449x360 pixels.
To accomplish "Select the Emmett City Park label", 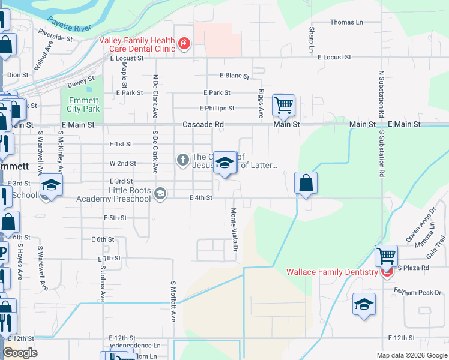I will [x=83, y=104].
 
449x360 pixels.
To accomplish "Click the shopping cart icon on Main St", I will [x=283, y=106].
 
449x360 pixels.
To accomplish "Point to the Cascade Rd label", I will [x=203, y=125].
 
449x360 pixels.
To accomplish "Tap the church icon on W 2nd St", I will [x=182, y=160].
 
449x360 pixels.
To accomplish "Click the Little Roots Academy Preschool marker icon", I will [x=160, y=193].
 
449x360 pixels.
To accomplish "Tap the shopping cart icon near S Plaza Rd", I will [x=386, y=256].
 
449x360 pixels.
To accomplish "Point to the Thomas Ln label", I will [x=347, y=22].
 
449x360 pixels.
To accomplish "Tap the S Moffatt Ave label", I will [x=173, y=301].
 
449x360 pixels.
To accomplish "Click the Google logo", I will [x=20, y=353].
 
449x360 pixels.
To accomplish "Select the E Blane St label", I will [x=234, y=76].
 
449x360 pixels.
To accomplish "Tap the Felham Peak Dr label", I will [x=423, y=292].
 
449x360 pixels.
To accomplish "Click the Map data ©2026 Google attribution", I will [x=411, y=355].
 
